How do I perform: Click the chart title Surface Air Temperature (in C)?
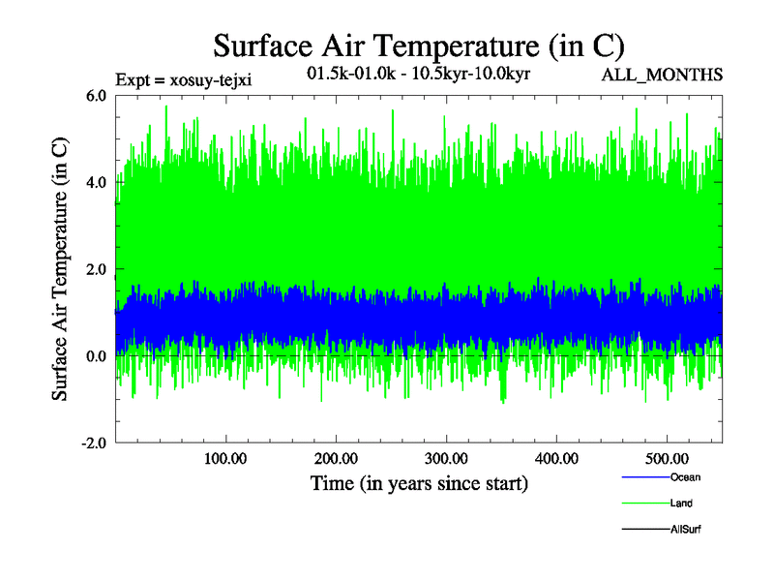(x=418, y=46)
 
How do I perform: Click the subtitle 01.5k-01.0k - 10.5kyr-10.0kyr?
(x=418, y=74)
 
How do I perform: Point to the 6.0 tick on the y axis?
(x=97, y=95)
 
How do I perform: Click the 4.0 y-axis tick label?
(x=97, y=182)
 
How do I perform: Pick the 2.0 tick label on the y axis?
(x=97, y=269)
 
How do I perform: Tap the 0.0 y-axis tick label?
(x=97, y=356)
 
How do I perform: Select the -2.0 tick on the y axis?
(x=94, y=443)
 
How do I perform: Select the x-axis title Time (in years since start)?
(x=419, y=482)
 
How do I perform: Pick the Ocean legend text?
(x=685, y=477)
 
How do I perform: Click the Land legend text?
(x=681, y=504)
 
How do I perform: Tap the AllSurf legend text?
(x=685, y=530)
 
